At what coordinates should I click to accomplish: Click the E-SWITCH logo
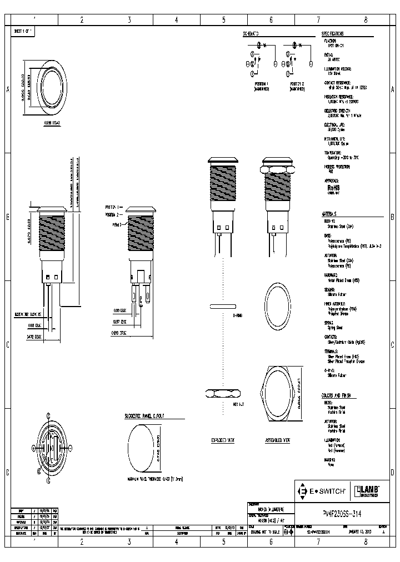click(322, 491)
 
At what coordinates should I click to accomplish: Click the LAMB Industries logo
click(366, 490)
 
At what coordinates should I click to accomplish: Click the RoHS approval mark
click(333, 188)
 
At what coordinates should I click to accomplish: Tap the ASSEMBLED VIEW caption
click(278, 439)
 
